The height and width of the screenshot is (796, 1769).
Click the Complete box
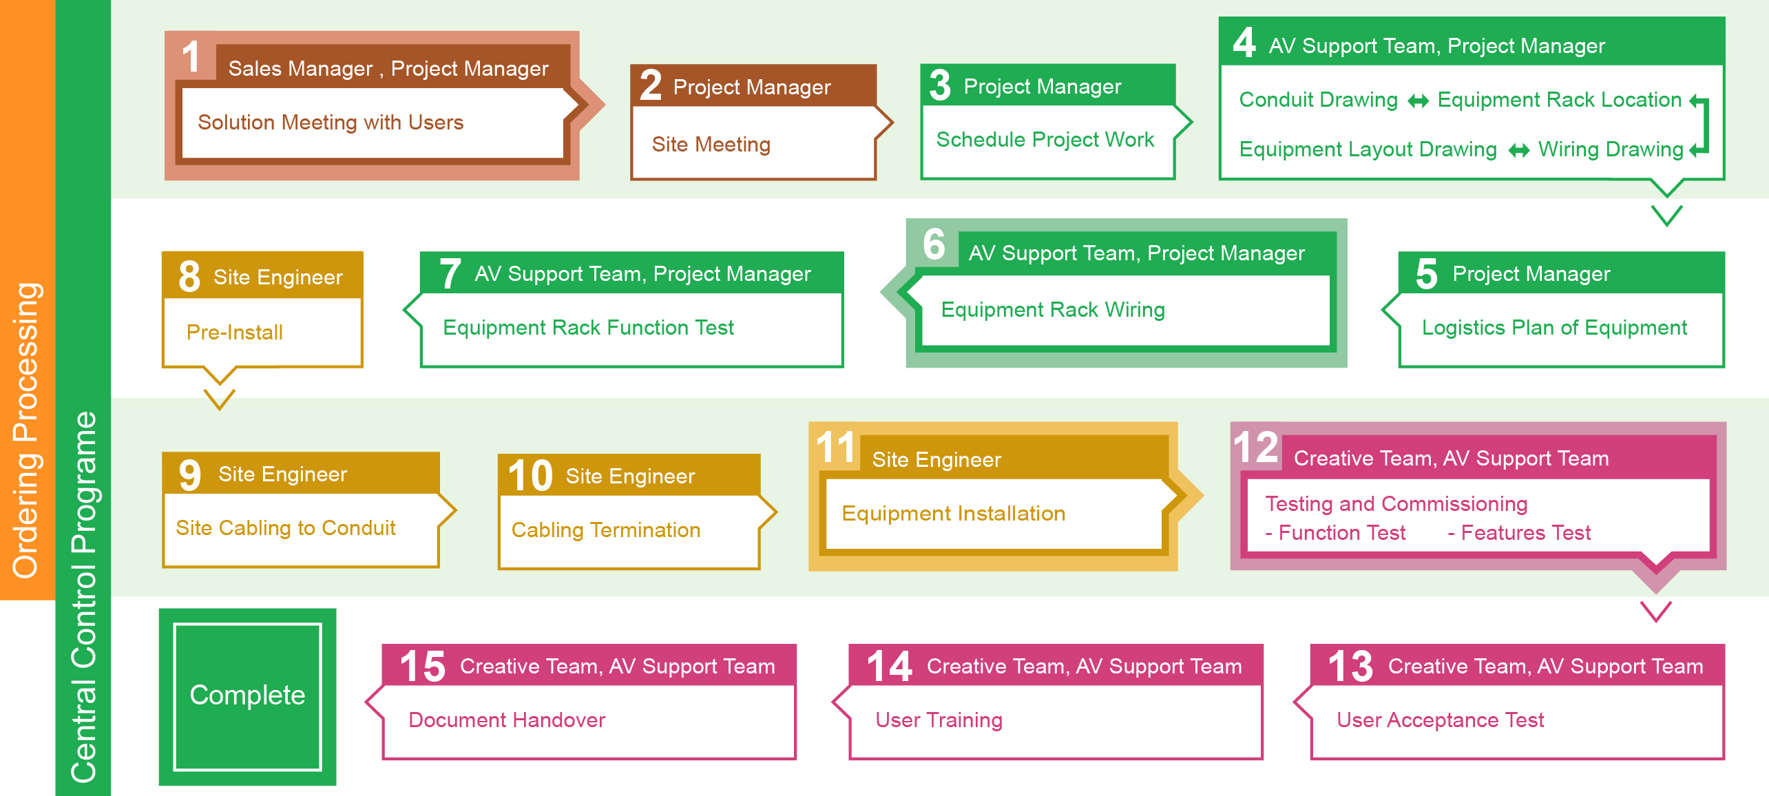point(247,696)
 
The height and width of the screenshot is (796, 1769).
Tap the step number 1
point(191,56)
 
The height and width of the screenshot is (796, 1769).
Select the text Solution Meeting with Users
point(331,123)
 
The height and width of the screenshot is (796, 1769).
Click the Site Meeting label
point(711,145)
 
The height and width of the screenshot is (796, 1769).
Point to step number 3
point(940,85)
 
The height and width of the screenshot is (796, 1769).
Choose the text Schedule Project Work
point(1045,140)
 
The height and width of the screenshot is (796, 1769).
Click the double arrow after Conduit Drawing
point(1418,102)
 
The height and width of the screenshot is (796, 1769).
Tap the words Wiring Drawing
point(1611,149)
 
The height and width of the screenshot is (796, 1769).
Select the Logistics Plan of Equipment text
point(1554,328)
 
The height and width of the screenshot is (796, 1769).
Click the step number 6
point(934,244)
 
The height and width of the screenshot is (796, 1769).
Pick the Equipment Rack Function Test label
point(588,328)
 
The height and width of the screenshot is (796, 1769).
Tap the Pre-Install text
point(235,333)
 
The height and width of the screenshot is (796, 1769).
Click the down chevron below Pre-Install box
point(220,399)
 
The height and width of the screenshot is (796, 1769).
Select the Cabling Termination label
point(606,530)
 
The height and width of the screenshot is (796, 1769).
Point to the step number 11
point(835,448)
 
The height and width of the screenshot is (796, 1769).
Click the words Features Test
point(1519,533)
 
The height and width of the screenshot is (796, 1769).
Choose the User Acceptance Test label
point(1440,720)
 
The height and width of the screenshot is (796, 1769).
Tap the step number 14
point(889,667)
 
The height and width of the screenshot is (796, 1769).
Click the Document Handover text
point(507,720)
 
